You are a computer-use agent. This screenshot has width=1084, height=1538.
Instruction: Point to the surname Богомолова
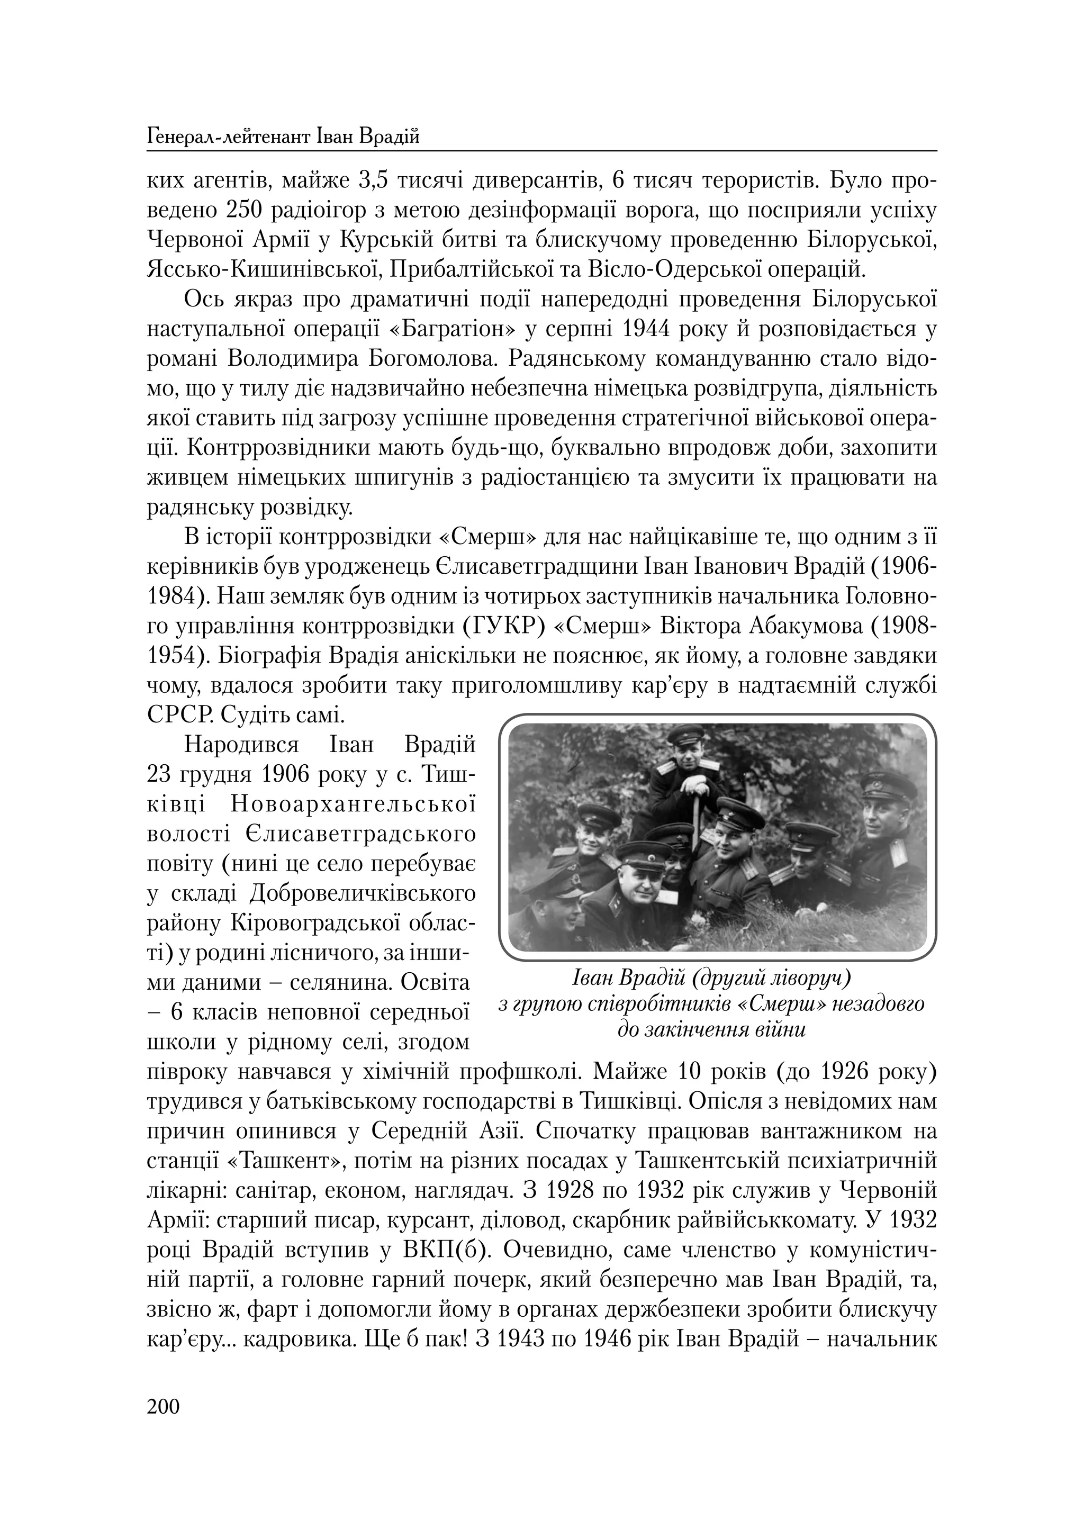[433, 359]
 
